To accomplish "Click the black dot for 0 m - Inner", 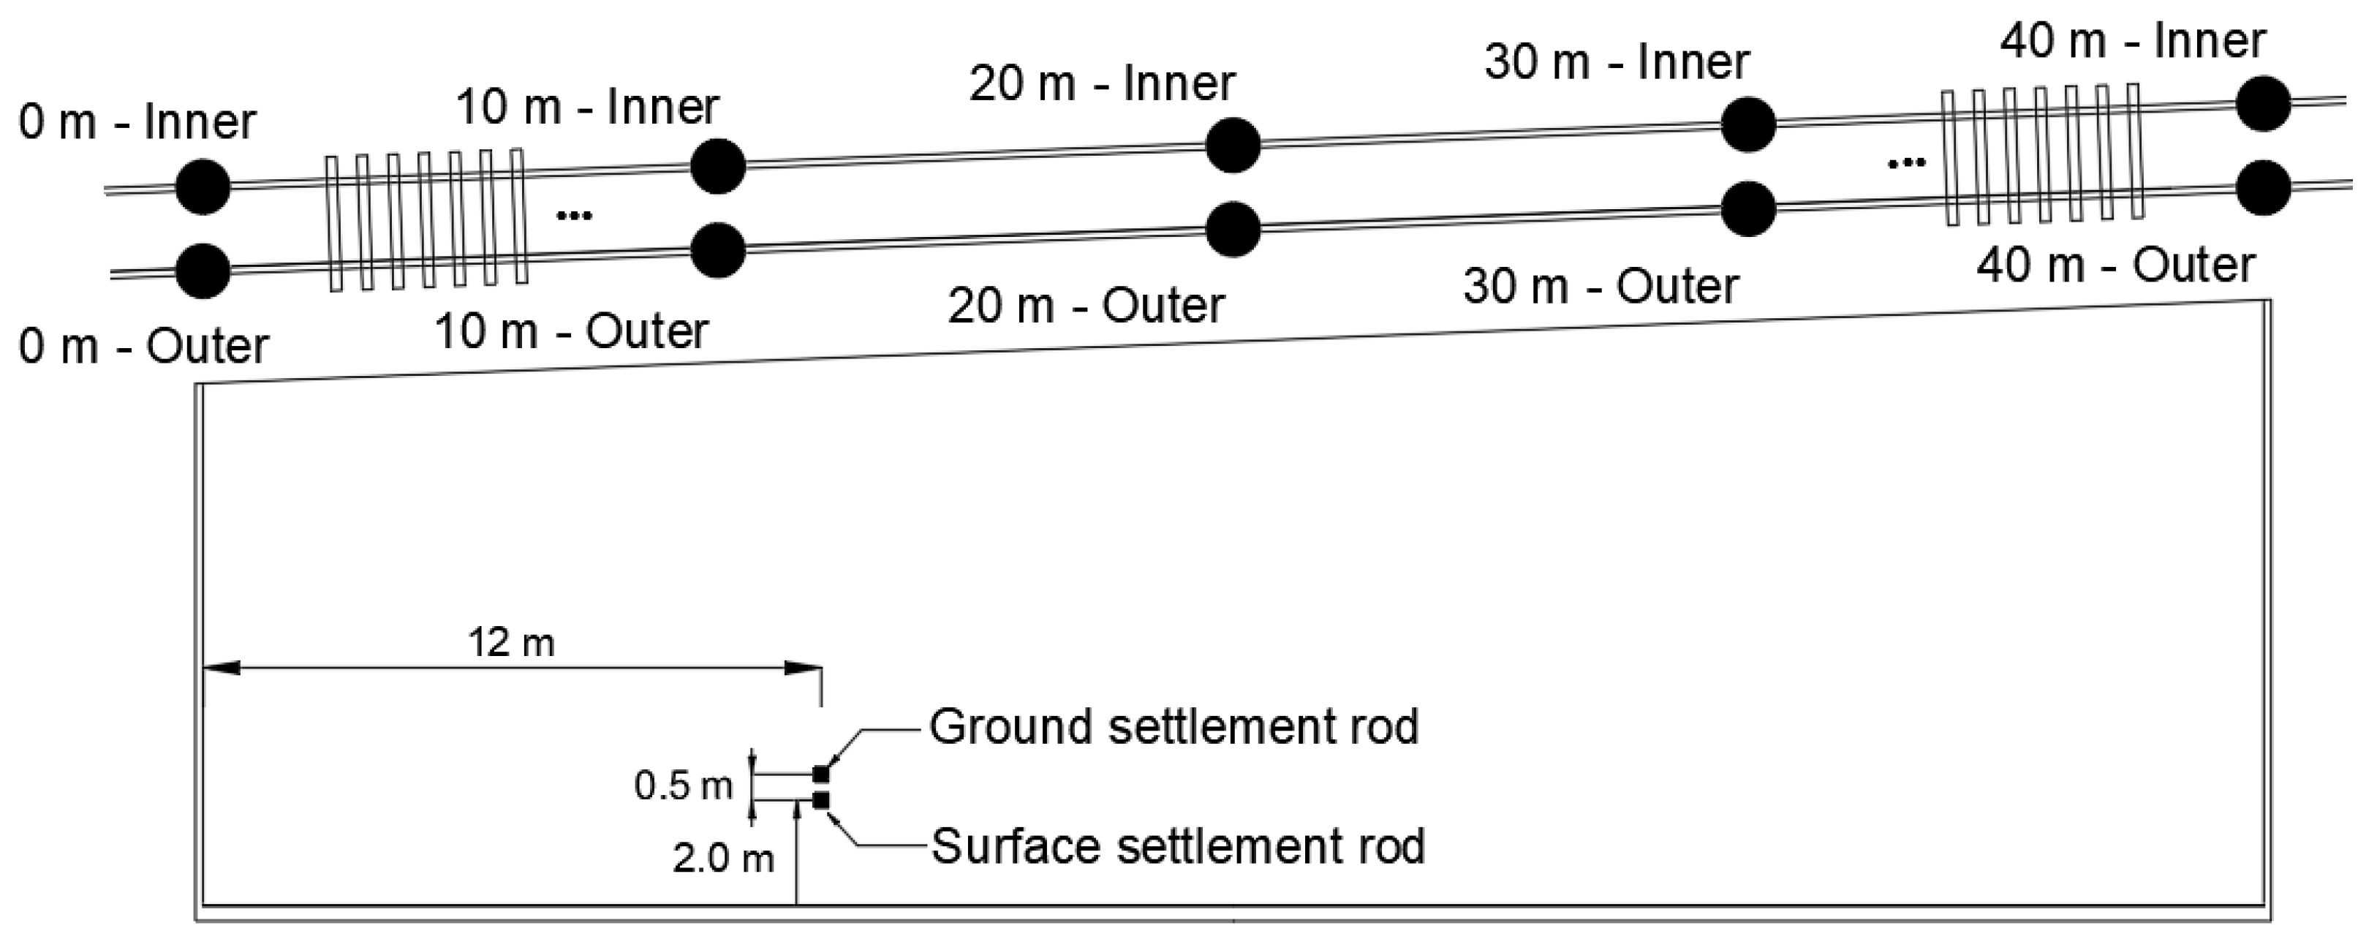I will pos(203,186).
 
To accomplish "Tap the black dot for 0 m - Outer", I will pos(203,271).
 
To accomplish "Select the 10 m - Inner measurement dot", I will pos(718,166).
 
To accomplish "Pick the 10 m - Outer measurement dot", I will pos(718,250).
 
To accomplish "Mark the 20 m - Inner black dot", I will pos(1233,145).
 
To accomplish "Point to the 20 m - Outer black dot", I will pos(1233,230).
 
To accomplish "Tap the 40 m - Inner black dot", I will pos(2264,103).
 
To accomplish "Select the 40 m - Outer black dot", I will pos(2264,187).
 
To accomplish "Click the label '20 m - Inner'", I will pos(1102,84).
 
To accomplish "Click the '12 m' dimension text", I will pos(511,642).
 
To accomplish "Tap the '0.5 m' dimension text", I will pos(683,786).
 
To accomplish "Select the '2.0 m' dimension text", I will pos(723,859).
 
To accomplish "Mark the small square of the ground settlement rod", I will pos(820,774).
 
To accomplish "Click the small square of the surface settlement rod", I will pos(820,800).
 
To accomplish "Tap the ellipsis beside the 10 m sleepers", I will pos(574,216).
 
